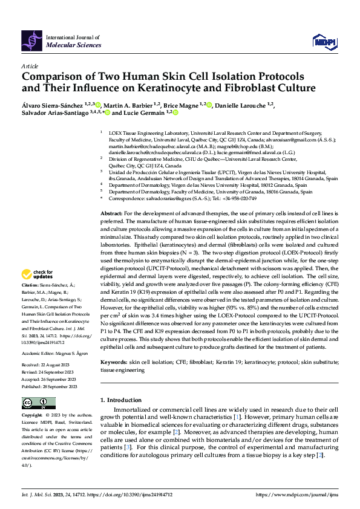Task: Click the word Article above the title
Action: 30,66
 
